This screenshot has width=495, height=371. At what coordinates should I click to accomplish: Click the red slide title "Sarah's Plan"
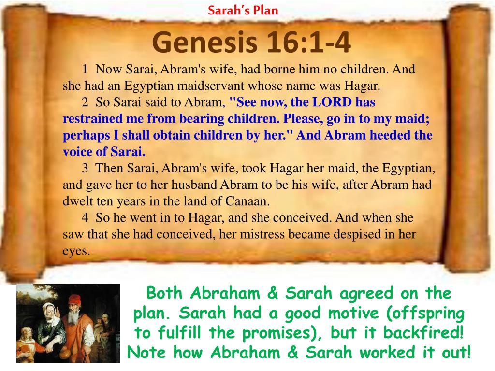click(243, 11)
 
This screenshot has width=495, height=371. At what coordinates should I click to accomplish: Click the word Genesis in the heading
click(204, 43)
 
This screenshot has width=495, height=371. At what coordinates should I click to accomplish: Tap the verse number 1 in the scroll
click(85, 69)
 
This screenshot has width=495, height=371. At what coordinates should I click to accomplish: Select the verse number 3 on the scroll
click(85, 168)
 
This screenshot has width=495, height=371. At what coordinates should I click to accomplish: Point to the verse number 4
click(85, 218)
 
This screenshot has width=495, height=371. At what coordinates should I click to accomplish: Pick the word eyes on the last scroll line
click(76, 251)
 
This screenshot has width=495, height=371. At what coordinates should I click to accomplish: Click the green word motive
click(353, 313)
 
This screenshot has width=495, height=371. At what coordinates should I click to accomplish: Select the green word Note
click(146, 352)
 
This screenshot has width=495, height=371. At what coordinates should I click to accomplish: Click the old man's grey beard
click(74, 316)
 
